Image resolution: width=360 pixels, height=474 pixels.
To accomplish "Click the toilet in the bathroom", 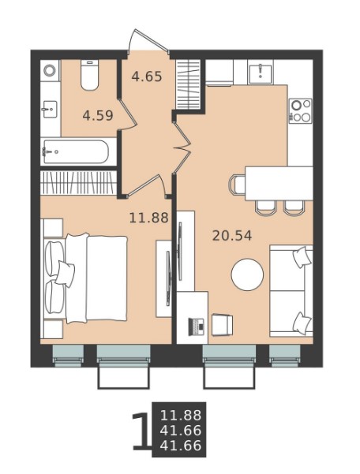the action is tap(89, 75).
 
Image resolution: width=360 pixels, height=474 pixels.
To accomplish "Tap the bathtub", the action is tap(75, 151).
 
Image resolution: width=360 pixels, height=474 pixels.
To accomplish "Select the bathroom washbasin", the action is tap(50, 109).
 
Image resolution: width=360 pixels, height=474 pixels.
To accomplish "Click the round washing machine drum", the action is tap(49, 70).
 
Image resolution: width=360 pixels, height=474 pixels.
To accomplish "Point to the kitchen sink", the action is tap(261, 72).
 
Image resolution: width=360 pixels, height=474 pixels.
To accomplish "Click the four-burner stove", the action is tap(301, 110).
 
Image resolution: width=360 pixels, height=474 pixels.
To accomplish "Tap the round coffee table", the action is tap(247, 274).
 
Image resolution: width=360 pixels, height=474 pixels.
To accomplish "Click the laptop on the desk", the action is tap(196, 327).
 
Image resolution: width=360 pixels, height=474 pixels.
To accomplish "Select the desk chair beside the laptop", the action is tap(222, 325).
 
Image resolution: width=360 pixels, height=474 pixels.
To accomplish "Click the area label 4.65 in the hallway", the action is tap(147, 77).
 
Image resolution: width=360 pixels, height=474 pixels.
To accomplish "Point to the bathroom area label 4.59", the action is tap(98, 115).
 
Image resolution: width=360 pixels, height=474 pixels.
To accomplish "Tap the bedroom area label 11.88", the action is tap(148, 218).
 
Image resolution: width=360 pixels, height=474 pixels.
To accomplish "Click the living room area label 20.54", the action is tap(232, 236).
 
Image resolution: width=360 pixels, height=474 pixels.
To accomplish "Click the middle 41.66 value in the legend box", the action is tap(181, 430).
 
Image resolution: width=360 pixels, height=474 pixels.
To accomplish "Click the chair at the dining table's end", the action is tap(237, 184).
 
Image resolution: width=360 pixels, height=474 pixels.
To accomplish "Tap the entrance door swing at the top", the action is tap(148, 40).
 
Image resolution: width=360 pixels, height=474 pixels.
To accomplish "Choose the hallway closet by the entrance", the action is tap(188, 84).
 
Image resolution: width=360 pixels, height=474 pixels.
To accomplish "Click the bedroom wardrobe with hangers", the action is tap(78, 183).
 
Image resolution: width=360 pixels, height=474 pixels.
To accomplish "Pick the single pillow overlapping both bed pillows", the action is tap(65, 274).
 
